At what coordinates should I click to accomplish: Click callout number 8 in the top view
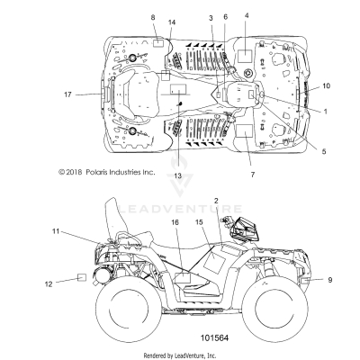click(153, 18)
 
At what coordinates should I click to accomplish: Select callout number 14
click(173, 22)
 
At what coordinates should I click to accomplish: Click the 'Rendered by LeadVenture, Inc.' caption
click(180, 355)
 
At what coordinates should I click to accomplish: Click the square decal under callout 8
click(156, 41)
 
